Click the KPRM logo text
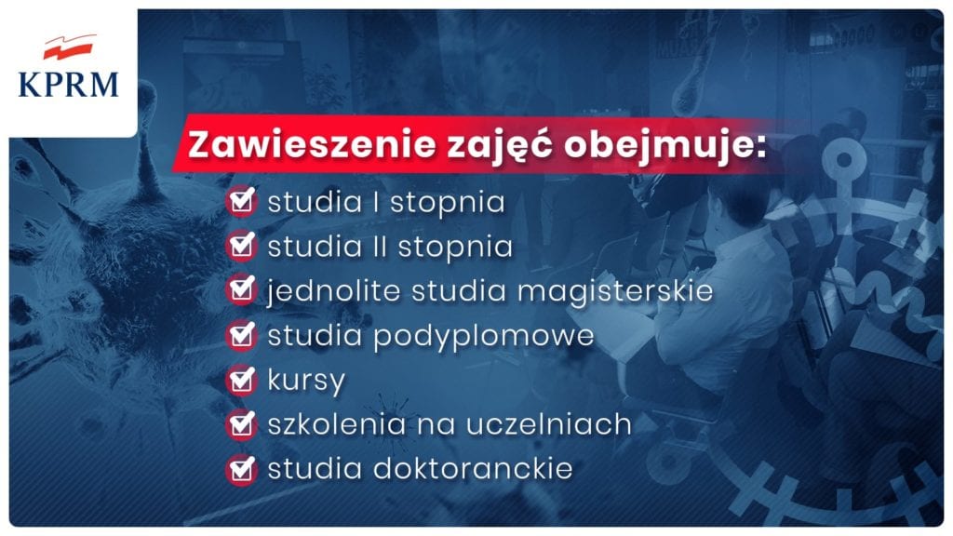click(x=69, y=85)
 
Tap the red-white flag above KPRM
click(x=70, y=47)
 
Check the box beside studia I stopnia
click(x=242, y=201)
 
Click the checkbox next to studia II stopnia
click(x=242, y=246)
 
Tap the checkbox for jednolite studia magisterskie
click(x=242, y=290)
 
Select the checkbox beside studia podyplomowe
click(x=242, y=335)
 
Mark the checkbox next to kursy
click(x=242, y=380)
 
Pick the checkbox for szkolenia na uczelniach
click(x=242, y=424)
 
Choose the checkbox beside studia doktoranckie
click(x=242, y=469)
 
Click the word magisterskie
click(x=615, y=291)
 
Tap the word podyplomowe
click(x=484, y=336)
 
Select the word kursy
click(x=306, y=381)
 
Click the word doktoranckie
click(x=473, y=469)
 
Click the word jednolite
click(x=333, y=291)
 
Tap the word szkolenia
click(x=337, y=423)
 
